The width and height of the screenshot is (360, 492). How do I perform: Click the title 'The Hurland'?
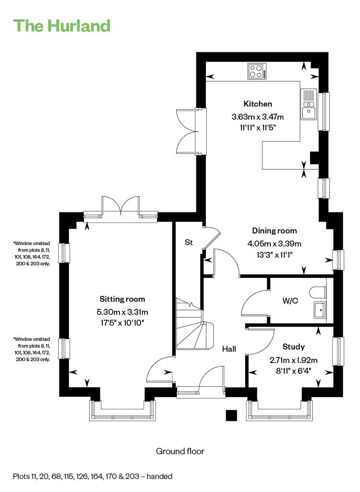tap(62, 26)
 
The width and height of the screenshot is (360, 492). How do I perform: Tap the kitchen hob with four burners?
tap(257, 71)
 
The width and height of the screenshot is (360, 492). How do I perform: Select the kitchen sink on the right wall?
tap(309, 104)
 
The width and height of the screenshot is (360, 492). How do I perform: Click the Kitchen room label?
tap(258, 104)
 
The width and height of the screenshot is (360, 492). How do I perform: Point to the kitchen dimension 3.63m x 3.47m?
tap(258, 117)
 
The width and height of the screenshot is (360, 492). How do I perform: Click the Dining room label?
tap(274, 231)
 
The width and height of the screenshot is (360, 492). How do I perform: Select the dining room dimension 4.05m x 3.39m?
tap(274, 244)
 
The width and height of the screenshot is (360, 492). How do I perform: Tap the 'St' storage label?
tap(189, 242)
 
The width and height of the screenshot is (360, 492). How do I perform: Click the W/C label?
tap(290, 301)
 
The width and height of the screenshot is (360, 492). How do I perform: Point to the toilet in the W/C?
tap(318, 293)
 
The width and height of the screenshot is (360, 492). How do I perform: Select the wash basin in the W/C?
tap(320, 310)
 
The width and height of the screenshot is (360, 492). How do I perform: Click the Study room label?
tap(293, 347)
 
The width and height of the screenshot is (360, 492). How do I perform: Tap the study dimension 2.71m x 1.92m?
tap(293, 360)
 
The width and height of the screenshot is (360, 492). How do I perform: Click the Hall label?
tap(229, 349)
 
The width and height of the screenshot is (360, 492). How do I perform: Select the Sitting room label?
tap(122, 299)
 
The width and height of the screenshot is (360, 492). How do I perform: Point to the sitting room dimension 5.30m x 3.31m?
tap(122, 312)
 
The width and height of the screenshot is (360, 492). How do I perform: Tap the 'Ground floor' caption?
tap(180, 451)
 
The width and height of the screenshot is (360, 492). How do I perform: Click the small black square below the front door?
tap(231, 415)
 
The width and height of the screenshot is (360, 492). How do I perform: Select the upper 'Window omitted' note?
tap(32, 254)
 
